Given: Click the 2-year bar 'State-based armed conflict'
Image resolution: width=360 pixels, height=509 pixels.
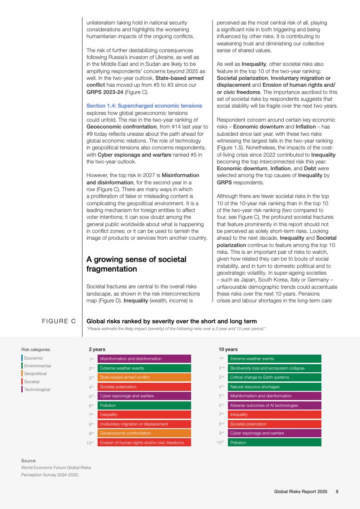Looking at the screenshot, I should [x=144, y=377].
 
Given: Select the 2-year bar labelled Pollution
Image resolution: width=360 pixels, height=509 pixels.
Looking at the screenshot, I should [x=144, y=405].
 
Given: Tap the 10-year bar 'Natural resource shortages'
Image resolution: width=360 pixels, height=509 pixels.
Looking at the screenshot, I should [x=274, y=387].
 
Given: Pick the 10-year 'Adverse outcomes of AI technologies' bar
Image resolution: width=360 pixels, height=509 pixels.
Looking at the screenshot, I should [x=274, y=405].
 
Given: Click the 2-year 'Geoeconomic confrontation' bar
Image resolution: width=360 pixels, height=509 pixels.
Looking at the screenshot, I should [x=144, y=433].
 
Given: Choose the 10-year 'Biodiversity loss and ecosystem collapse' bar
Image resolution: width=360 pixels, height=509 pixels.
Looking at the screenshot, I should [x=274, y=368].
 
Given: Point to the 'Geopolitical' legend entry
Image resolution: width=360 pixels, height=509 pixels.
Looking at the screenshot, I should [x=35, y=374].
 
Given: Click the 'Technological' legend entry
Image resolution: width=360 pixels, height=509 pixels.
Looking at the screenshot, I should [x=37, y=390].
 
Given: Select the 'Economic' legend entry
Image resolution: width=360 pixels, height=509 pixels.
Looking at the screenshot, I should [x=33, y=358].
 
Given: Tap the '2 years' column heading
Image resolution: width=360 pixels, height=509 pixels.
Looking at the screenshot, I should [x=97, y=349].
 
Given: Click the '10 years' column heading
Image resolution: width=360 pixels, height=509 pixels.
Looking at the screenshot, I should [x=228, y=349].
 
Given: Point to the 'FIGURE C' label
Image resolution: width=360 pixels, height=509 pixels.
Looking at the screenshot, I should [x=59, y=321].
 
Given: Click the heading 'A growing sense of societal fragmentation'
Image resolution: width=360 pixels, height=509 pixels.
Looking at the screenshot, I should [x=136, y=264].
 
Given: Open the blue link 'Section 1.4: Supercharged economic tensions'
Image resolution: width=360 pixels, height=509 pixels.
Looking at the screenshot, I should [x=144, y=106].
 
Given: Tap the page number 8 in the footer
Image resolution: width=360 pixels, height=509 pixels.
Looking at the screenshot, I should [x=337, y=491].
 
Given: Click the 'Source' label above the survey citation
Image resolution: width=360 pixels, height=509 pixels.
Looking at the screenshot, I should [x=28, y=461].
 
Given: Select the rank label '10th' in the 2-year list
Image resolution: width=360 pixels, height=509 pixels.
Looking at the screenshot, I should [x=90, y=443].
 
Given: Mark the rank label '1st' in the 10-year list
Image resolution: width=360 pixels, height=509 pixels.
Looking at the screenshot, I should [x=222, y=359].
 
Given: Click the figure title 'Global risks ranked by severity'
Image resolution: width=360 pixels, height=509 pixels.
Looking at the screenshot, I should [x=171, y=321].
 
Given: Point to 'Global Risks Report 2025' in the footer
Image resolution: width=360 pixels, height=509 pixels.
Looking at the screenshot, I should [x=301, y=491].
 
